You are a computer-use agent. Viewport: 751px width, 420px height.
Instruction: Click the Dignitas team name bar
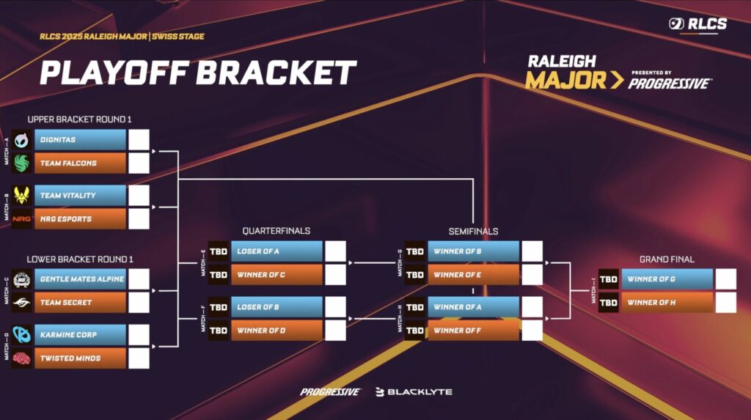point(78,139)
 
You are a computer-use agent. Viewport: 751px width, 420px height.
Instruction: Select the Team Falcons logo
point(21,163)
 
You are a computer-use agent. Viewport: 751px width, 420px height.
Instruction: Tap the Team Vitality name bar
point(78,195)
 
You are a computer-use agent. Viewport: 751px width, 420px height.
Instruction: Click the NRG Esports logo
point(21,218)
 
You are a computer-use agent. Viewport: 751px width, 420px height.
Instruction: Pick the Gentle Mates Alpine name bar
point(78,279)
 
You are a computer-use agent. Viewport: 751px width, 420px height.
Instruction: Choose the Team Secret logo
point(21,302)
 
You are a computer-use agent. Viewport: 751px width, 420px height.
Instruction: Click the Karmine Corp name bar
point(78,334)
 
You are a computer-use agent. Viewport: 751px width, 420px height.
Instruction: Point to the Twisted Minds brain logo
point(21,358)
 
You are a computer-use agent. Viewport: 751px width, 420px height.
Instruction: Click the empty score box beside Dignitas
point(139,139)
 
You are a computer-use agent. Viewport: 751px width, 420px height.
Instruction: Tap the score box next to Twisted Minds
point(139,358)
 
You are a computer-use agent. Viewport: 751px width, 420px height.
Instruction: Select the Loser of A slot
point(279,251)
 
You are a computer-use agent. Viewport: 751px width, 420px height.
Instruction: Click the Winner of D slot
point(279,330)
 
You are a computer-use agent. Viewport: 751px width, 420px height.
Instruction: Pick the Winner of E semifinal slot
point(474,274)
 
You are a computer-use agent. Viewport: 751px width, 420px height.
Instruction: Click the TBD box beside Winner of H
point(609,302)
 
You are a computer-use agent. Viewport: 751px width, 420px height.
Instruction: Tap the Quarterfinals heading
point(276,231)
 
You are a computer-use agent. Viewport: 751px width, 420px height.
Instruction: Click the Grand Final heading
point(667,259)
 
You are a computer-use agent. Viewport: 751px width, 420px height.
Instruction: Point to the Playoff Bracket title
point(198,73)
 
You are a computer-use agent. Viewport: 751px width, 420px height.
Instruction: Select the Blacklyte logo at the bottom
point(414,391)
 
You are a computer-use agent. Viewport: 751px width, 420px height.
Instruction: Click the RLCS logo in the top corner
point(697,24)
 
